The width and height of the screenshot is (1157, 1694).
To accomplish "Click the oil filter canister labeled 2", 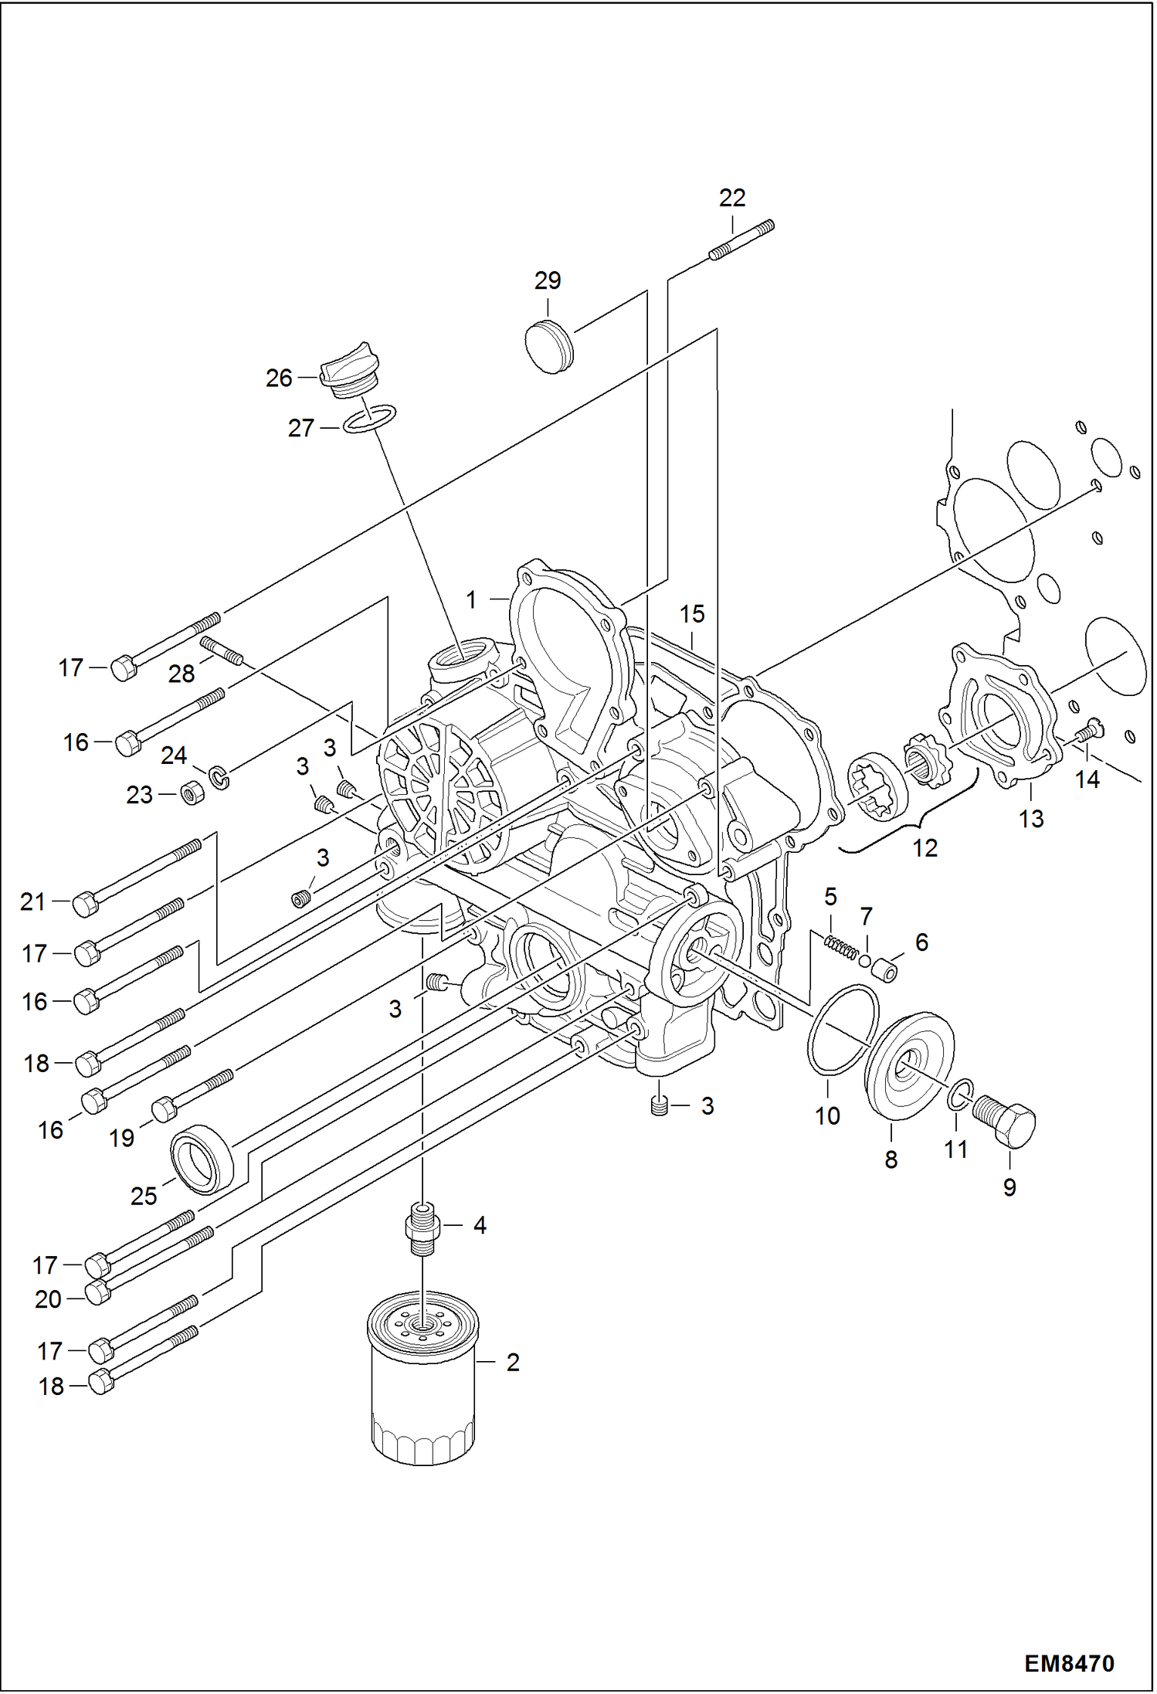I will coord(422,1383).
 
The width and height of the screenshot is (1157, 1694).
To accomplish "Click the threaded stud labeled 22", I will coord(741,239).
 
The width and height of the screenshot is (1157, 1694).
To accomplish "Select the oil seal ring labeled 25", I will coord(202,1158).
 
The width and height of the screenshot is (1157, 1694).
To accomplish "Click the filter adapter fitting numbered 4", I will coord(422,1227).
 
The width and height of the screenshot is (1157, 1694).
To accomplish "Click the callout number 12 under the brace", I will coord(925,848).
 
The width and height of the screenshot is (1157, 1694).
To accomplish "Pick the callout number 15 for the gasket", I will coord(692,614).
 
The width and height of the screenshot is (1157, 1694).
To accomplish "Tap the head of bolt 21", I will coord(85,903).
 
